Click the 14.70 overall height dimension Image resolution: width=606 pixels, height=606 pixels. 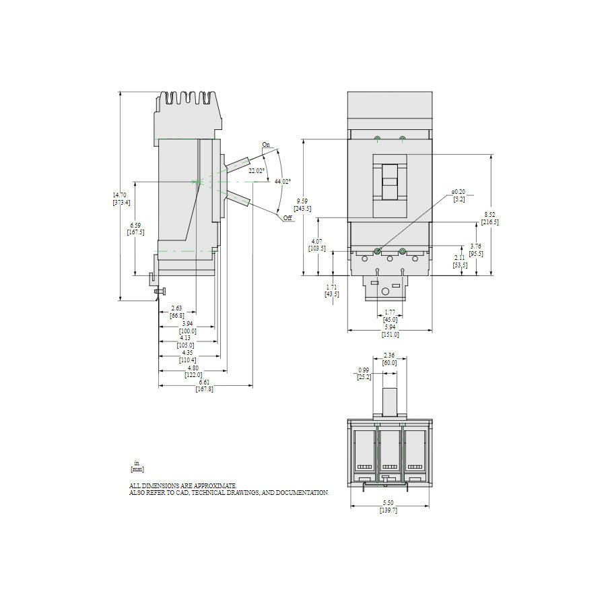pyautogui.click(x=121, y=199)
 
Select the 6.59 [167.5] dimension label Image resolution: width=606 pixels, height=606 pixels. pyautogui.click(x=135, y=229)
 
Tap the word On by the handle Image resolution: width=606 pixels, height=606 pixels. pyautogui.click(x=265, y=145)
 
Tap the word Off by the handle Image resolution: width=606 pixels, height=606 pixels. pyautogui.click(x=288, y=218)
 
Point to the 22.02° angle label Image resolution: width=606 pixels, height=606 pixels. pyautogui.click(x=256, y=171)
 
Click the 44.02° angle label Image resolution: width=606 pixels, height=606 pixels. pyautogui.click(x=282, y=181)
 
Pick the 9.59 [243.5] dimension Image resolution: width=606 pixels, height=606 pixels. pyautogui.click(x=304, y=205)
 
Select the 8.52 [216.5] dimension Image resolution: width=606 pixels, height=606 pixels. pyautogui.click(x=491, y=218)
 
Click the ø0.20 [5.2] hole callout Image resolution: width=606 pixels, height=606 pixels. pyautogui.click(x=459, y=195)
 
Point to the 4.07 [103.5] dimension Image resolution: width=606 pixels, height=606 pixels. pyautogui.click(x=316, y=244)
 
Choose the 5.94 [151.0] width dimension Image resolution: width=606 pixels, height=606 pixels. pyautogui.click(x=391, y=331)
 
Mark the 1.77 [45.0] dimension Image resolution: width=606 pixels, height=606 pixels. pyautogui.click(x=390, y=316)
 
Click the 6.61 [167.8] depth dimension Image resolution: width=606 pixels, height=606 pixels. pyautogui.click(x=205, y=385)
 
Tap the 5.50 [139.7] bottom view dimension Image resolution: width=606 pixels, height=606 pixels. pyautogui.click(x=389, y=507)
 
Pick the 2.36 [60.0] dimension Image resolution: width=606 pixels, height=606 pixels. pyautogui.click(x=389, y=359)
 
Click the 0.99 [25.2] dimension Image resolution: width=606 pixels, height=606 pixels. pyautogui.click(x=364, y=374)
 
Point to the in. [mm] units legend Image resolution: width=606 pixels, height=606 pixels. pyautogui.click(x=137, y=466)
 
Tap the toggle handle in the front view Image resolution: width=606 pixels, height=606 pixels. pyautogui.click(x=390, y=180)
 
